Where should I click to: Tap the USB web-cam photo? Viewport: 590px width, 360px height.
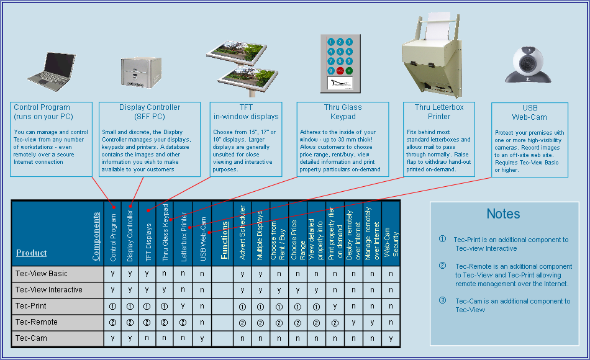click(527, 64)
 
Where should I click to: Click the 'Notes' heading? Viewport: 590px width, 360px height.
click(503, 214)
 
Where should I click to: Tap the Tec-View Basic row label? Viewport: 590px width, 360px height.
click(42, 274)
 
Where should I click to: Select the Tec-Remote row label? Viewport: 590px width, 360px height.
click(37, 322)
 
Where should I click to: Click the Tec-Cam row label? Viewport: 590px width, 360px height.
click(31, 338)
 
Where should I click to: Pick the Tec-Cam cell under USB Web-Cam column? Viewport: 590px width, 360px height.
click(202, 338)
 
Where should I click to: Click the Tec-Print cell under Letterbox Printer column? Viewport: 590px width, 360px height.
click(184, 306)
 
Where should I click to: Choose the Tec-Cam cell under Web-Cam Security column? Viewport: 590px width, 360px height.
click(391, 338)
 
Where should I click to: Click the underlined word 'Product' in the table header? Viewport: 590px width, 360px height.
click(32, 253)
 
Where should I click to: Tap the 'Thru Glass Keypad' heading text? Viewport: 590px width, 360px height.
click(343, 112)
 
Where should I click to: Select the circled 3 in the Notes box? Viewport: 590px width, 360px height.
click(442, 301)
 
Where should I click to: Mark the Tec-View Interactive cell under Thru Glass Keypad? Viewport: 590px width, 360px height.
click(165, 290)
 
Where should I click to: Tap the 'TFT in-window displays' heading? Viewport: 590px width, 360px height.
click(246, 112)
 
